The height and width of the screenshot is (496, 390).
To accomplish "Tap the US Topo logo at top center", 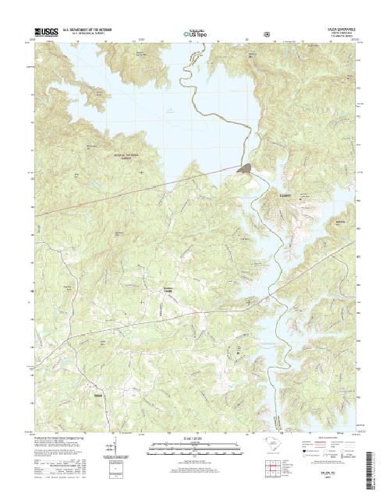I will [x=193, y=34].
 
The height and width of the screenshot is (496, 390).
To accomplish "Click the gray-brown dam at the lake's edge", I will [x=245, y=167].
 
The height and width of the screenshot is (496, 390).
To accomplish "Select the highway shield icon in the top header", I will [x=268, y=34].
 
